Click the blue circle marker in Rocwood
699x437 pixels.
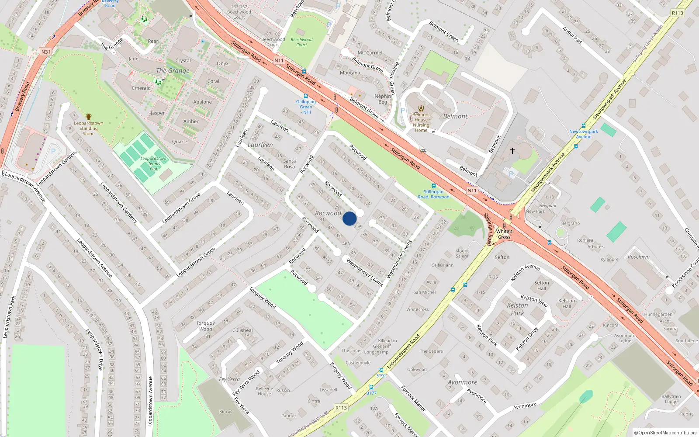tap(349, 218)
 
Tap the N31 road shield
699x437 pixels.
tap(46, 52)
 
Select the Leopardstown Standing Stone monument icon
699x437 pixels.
tap(89, 117)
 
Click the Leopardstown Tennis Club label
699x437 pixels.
tap(154, 163)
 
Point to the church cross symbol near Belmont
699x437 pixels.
tap(512, 150)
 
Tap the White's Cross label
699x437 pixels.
tap(504, 234)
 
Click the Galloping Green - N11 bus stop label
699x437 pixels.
tap(306, 107)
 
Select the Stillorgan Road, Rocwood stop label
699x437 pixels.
tap(433, 194)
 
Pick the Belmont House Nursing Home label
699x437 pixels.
tap(421, 122)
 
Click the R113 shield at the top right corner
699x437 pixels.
tap(677, 13)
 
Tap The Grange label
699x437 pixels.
tap(173, 70)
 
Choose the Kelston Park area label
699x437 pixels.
tap(517, 309)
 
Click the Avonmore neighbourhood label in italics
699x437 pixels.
tap(462, 382)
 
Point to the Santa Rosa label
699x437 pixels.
tap(289, 163)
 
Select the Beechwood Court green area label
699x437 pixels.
tap(301, 42)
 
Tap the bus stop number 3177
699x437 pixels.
tap(371, 393)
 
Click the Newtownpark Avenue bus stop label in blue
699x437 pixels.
tap(583, 134)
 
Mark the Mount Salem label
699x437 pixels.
tap(462, 253)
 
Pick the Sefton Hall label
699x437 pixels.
tap(541, 285)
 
